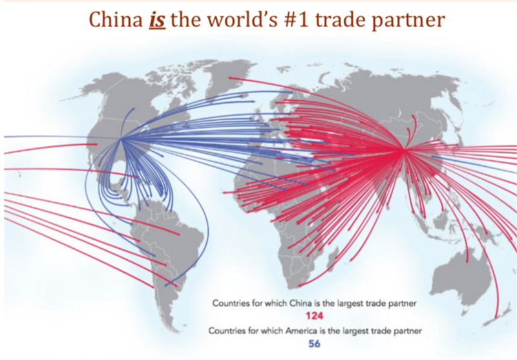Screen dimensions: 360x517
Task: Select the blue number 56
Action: click(315, 344)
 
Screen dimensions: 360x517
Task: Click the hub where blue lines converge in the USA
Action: click(122, 137)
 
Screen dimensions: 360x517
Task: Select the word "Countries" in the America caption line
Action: click(227, 330)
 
